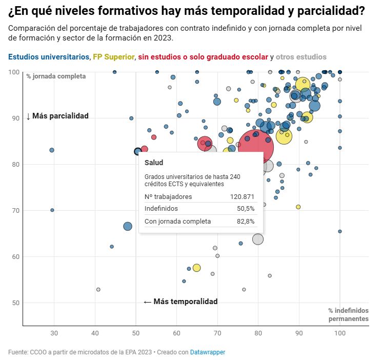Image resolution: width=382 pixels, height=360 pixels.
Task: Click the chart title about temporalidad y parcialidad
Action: [187, 11]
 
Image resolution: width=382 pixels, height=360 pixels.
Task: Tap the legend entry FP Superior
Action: [114, 57]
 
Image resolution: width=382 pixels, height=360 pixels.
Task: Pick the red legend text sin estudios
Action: [203, 57]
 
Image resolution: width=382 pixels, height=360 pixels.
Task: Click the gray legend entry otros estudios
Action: [301, 57]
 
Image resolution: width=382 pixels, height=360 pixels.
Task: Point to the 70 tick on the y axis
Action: [15, 210]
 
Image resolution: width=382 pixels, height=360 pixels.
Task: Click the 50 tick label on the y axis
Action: [15, 303]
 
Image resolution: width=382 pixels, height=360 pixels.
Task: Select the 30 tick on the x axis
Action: [54, 334]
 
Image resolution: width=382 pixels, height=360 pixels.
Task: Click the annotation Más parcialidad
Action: [57, 116]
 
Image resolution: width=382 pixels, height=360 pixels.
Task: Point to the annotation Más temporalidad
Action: [180, 302]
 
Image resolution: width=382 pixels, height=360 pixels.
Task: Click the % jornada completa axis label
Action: [56, 76]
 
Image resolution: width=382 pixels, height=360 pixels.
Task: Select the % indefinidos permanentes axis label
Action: [348, 314]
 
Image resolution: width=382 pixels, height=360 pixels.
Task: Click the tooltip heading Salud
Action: [154, 163]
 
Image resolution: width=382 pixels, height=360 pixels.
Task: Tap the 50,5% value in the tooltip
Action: [245, 209]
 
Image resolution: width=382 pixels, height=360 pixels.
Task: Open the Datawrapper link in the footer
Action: [207, 352]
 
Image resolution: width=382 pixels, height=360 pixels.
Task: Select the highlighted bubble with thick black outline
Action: [137, 151]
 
